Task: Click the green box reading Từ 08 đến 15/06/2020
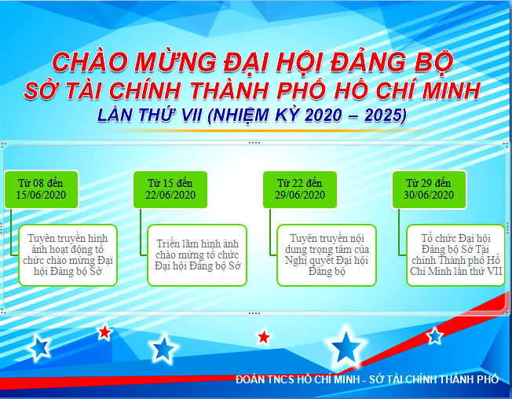click(x=42, y=189)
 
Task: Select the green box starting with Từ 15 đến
click(x=170, y=189)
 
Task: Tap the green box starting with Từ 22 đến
click(x=300, y=189)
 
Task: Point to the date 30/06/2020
click(x=429, y=196)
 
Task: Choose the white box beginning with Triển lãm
click(x=197, y=255)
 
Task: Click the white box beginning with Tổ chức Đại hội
click(x=455, y=255)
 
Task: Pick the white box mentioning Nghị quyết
click(x=327, y=255)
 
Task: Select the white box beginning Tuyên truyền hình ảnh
click(x=68, y=255)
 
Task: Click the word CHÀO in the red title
click(x=90, y=62)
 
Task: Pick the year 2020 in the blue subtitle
click(x=324, y=115)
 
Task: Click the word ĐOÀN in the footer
click(x=250, y=379)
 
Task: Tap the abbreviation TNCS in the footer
click(x=281, y=379)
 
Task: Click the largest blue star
click(x=346, y=346)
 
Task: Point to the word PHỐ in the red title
click(x=302, y=90)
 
